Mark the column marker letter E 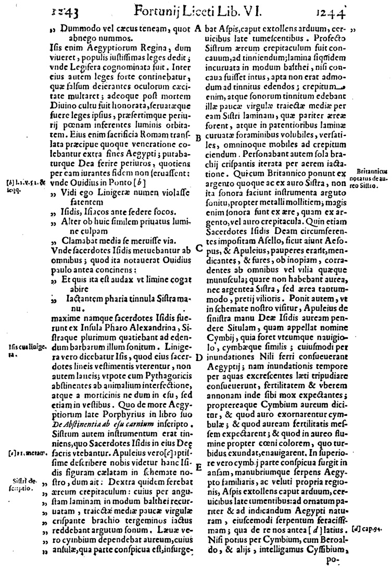click(198, 467)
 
